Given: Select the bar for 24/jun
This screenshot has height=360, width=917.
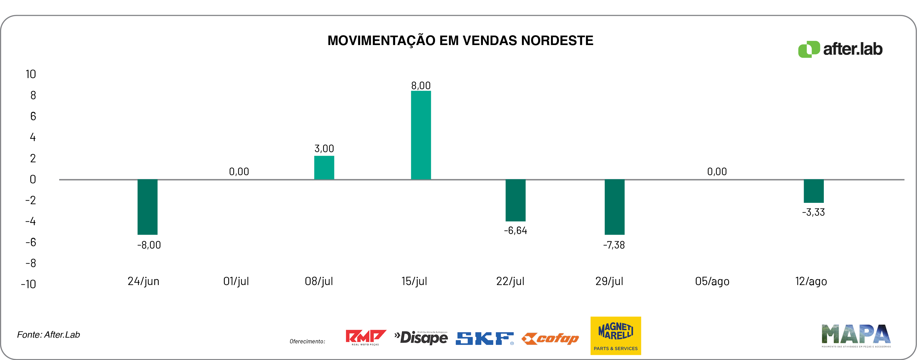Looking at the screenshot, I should coord(147,207).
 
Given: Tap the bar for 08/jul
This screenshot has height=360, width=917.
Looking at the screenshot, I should coord(324,167).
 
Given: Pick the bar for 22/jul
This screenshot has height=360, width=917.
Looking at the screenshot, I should coord(515,200).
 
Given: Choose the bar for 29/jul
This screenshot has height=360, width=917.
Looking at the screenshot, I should coord(614,207).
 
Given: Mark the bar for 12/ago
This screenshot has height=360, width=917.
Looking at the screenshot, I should coord(813,191).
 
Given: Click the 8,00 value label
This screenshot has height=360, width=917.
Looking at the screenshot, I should coord(421,85).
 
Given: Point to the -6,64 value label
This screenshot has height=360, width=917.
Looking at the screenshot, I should coord(515,230).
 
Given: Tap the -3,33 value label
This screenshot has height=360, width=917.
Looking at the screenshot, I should coord(813,212).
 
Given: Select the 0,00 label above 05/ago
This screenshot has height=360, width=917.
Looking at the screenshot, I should coord(716,172).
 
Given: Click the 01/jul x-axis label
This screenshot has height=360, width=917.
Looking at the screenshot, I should coord(236,281).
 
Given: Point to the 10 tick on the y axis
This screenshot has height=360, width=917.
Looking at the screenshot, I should coord(31,74).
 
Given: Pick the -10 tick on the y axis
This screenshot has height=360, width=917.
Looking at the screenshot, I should coord(28,284).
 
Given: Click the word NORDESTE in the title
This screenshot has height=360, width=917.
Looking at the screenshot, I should coord(557,41).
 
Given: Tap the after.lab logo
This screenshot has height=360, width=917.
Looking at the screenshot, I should coord(840,49).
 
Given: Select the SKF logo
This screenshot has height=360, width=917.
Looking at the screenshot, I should coord(484,338).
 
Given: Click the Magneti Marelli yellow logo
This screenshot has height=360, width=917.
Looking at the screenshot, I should coord(615,335).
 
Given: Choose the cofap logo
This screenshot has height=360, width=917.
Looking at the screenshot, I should coord(550,338).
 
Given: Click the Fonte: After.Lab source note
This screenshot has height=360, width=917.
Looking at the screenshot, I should coord(48,335).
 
